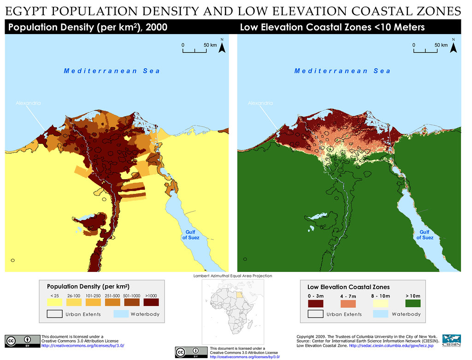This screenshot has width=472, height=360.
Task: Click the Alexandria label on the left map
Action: [x=28, y=103]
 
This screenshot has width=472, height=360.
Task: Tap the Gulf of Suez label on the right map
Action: [x=425, y=235]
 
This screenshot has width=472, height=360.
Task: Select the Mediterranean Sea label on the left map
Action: [x=112, y=71]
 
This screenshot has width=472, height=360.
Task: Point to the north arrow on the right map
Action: [x=454, y=46]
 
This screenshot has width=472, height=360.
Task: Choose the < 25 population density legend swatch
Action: [x=54, y=302]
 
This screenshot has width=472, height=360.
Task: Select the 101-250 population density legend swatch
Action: [x=93, y=302]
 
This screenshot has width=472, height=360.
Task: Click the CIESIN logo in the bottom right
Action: [x=451, y=341]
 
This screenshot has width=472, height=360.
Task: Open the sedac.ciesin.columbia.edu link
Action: [x=391, y=346]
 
